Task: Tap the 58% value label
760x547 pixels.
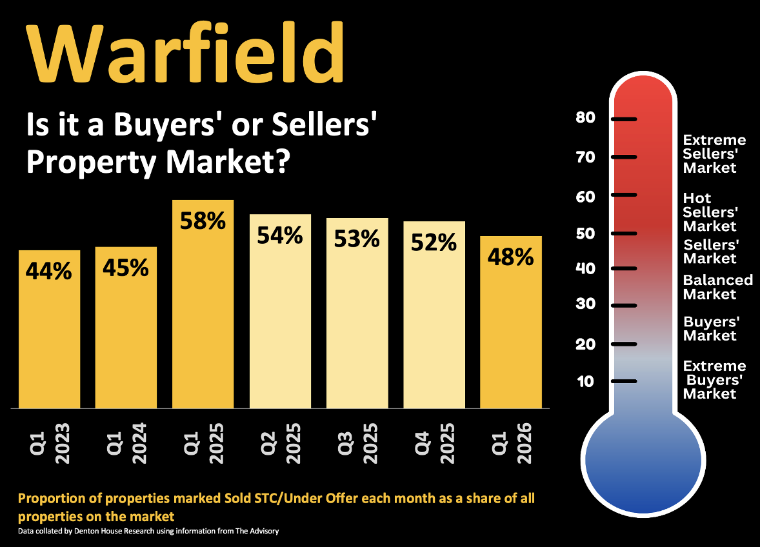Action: pyautogui.click(x=203, y=221)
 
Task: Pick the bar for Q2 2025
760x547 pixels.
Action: pyautogui.click(x=280, y=316)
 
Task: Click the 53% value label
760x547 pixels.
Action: pyautogui.click(x=357, y=239)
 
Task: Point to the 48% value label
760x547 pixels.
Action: pyautogui.click(x=510, y=257)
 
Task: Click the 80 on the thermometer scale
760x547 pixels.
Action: pyautogui.click(x=586, y=118)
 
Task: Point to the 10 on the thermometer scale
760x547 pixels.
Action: pyautogui.click(x=586, y=381)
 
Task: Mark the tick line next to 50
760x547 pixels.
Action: pyautogui.click(x=624, y=233)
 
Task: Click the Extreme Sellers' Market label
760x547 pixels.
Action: pyautogui.click(x=714, y=154)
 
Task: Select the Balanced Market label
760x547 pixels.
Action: pyautogui.click(x=717, y=287)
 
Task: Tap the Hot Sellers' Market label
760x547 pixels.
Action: pyautogui.click(x=710, y=212)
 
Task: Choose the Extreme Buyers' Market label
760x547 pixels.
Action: pyautogui.click(x=714, y=379)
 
